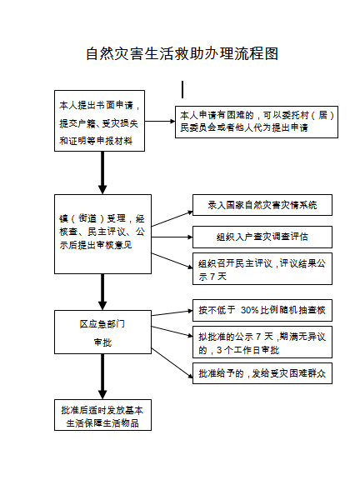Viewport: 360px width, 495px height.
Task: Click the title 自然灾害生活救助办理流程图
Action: click(181, 54)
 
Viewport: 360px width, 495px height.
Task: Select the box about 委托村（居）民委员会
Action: click(256, 122)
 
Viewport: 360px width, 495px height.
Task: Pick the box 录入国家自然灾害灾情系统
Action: click(262, 205)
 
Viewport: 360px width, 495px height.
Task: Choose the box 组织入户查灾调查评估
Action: click(262, 236)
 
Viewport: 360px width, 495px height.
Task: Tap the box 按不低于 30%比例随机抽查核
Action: click(262, 310)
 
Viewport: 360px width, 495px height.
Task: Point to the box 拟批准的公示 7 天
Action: click(262, 342)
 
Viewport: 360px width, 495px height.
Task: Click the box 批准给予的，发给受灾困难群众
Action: click(262, 373)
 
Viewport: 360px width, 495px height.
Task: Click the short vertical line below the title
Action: click(182, 89)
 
